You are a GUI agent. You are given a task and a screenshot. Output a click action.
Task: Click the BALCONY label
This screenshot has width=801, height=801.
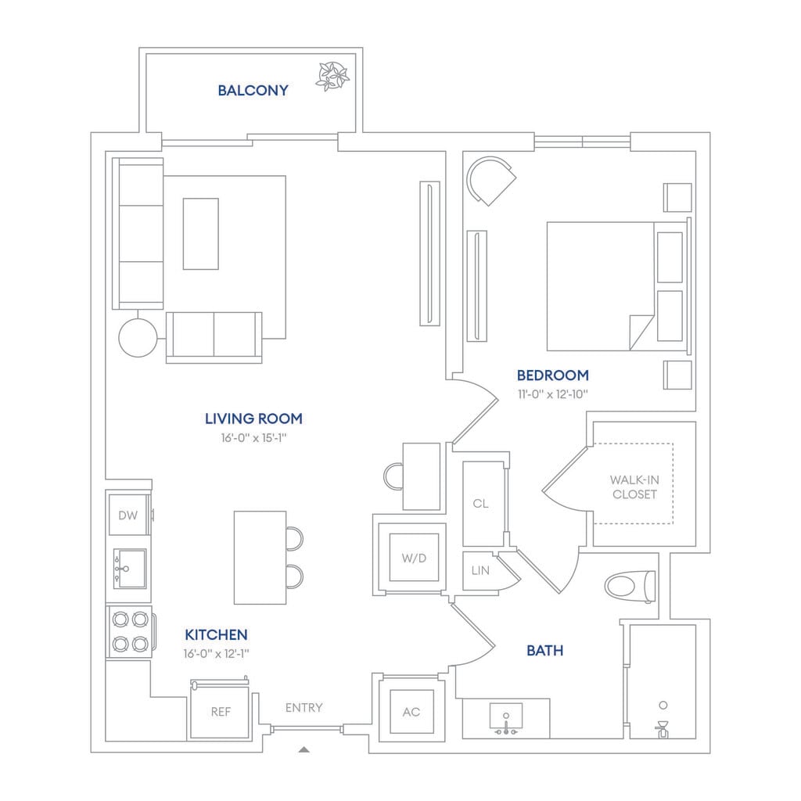tap(253, 91)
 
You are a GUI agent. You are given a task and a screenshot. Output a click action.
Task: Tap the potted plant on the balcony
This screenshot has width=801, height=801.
tap(332, 76)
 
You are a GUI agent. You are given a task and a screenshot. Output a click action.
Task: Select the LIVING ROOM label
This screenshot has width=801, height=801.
tap(253, 418)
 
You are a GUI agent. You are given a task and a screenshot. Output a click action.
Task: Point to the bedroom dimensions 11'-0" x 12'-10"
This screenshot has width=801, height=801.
tap(552, 393)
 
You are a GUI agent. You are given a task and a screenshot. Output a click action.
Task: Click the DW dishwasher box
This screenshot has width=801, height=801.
tap(128, 515)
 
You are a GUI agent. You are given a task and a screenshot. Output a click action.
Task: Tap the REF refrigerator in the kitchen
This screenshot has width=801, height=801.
tap(220, 712)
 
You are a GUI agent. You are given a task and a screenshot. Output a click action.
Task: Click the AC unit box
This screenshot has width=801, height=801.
tap(411, 712)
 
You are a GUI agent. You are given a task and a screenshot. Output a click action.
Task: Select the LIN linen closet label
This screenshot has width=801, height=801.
tap(480, 571)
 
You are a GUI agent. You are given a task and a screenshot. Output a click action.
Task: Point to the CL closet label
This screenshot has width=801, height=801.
tap(480, 504)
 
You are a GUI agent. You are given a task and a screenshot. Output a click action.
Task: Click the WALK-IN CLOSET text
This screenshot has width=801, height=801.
tap(634, 487)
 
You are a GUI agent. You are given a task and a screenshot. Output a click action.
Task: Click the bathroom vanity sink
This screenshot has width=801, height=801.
tap(505, 718)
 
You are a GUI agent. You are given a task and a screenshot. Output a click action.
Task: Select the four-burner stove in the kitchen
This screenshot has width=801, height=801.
tap(130, 632)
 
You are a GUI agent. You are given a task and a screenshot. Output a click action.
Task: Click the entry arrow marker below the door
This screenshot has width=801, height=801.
tap(304, 749)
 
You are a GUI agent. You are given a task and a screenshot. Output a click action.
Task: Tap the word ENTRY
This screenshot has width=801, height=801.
tap(304, 708)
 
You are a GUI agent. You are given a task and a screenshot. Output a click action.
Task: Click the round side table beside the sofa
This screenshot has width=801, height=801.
tap(138, 338)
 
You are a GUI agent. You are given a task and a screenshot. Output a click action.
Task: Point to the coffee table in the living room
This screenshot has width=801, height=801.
tap(201, 233)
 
